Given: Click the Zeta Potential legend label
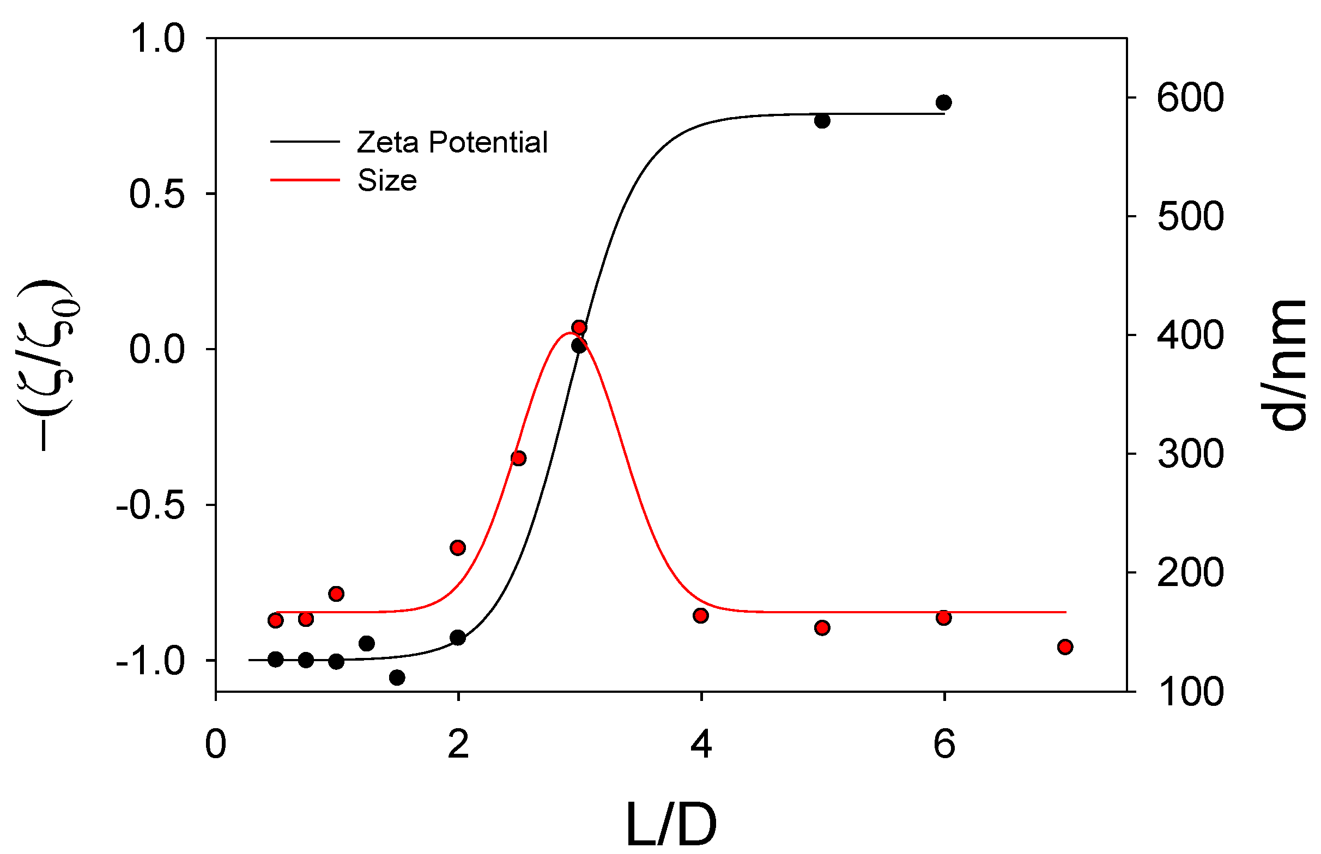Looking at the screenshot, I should pyautogui.click(x=452, y=142).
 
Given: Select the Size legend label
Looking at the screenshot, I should pyautogui.click(x=387, y=181).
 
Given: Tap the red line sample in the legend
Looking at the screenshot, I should pyautogui.click(x=305, y=180).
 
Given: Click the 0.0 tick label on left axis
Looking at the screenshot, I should pyautogui.click(x=156, y=350).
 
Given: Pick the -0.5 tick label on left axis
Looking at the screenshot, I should pyautogui.click(x=150, y=506).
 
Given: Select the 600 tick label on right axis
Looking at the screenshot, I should pyautogui.click(x=1190, y=98).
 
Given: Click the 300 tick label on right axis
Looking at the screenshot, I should pyautogui.click(x=1190, y=454).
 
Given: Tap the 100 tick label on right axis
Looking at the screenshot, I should pyautogui.click(x=1190, y=692).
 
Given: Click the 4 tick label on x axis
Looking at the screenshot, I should pyautogui.click(x=701, y=744).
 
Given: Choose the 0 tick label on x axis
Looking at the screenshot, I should pyautogui.click(x=215, y=744).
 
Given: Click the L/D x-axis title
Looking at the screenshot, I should pyautogui.click(x=671, y=825).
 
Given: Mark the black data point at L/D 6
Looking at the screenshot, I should pyautogui.click(x=943, y=102).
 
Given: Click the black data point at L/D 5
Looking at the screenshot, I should pyautogui.click(x=822, y=120).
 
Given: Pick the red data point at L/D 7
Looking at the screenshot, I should pyautogui.click(x=1064, y=647).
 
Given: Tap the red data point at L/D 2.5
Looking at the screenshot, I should pyautogui.click(x=518, y=458).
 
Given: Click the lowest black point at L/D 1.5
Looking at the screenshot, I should pyautogui.click(x=397, y=678).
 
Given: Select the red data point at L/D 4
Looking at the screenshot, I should pyautogui.click(x=700, y=615).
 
